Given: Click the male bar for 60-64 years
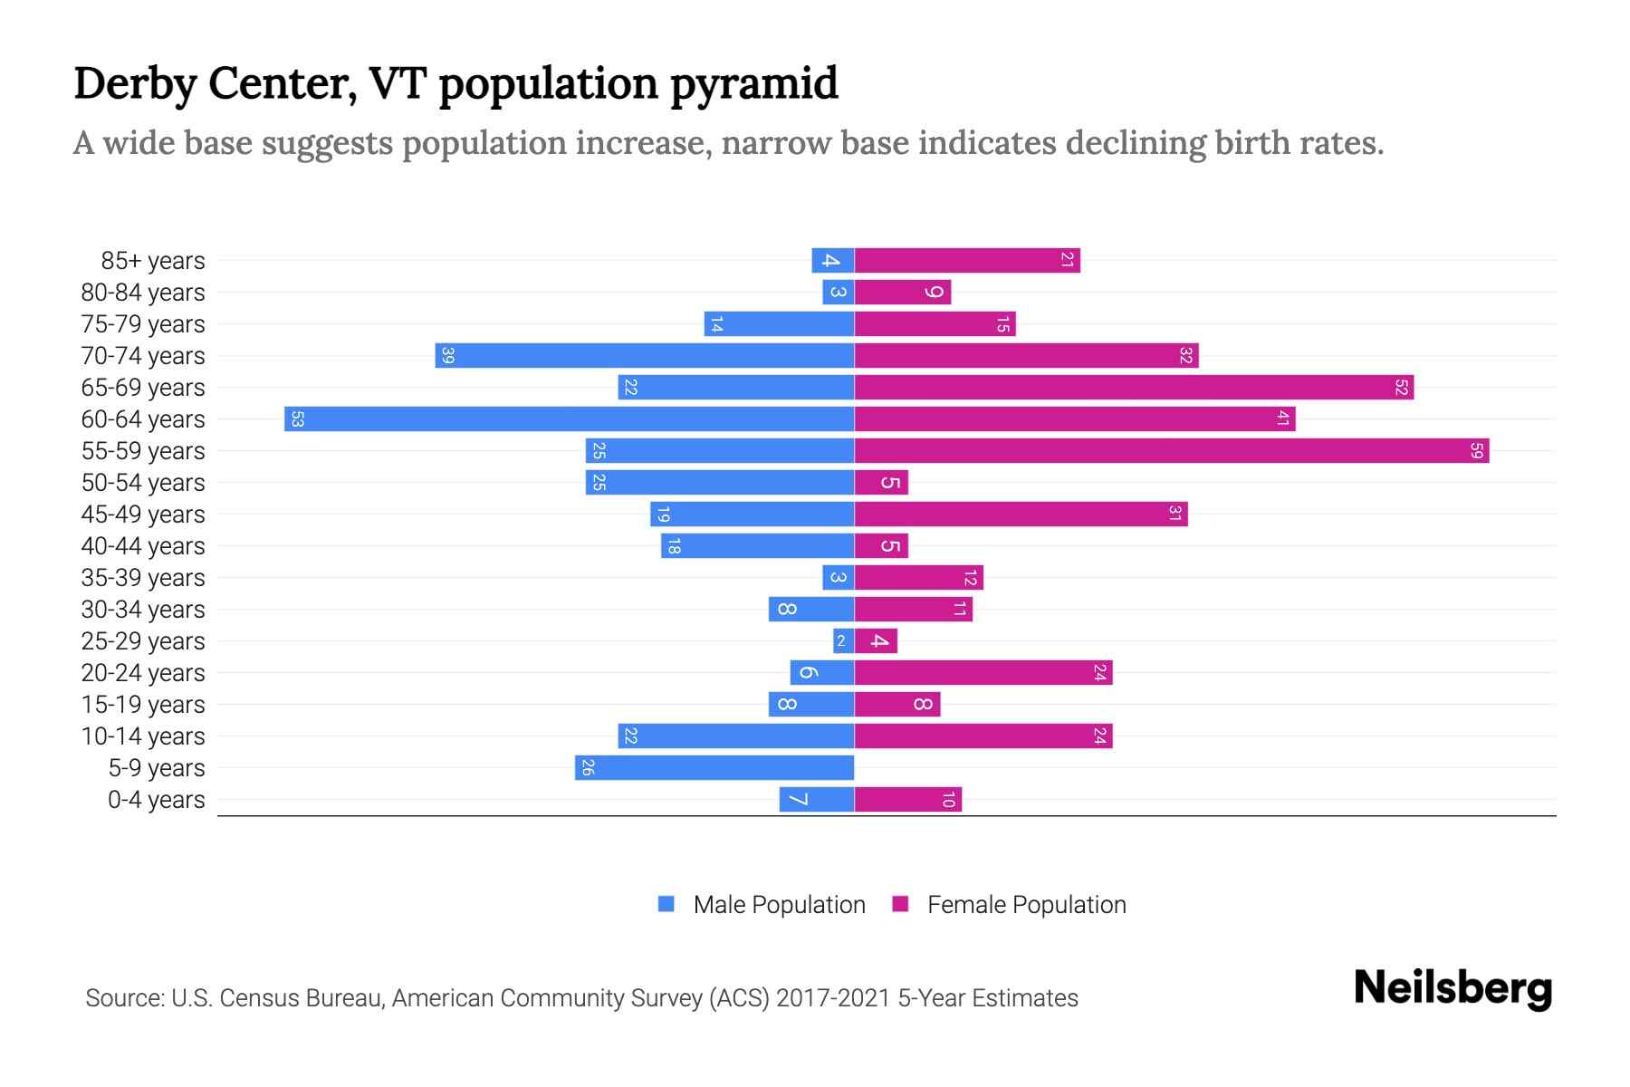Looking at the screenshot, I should tap(569, 419).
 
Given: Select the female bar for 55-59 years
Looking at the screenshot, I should tap(1171, 451).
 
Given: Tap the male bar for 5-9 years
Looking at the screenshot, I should tap(714, 768).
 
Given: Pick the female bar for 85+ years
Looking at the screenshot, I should tap(967, 261).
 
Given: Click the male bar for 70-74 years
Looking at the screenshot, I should tap(644, 356).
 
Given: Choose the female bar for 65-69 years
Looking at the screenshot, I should tap(1134, 388).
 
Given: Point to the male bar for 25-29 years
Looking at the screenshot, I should tap(843, 641).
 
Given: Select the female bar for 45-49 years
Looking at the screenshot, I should tap(1021, 515).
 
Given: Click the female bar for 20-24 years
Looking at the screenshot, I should tap(983, 673).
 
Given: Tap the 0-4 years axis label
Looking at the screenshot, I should tap(156, 800).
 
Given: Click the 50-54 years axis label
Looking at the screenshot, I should tap(143, 483).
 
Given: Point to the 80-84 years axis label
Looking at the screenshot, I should tap(143, 293).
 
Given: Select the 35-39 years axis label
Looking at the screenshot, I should tap(143, 578).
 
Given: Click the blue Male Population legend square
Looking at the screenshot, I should tap(666, 904).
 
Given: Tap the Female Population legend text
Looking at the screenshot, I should tap(1026, 905).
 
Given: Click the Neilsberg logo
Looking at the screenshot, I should tap(1453, 988).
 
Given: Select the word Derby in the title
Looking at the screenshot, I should tap(135, 83).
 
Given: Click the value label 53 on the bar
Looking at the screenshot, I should tap(297, 419).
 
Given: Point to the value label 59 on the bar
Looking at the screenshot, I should tap(1476, 451).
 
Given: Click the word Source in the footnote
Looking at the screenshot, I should tap(124, 998).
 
